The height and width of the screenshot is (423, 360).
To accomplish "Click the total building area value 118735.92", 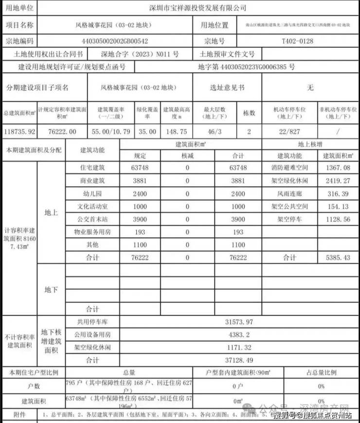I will (x=18, y=131).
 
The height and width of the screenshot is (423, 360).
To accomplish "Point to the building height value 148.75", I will (x=175, y=131).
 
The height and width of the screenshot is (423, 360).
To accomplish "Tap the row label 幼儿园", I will (x=92, y=193).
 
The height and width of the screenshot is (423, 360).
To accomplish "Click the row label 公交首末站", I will (x=92, y=219).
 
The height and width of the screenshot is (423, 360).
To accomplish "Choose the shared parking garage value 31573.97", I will (x=238, y=322).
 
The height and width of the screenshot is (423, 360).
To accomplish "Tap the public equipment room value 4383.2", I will (x=238, y=334).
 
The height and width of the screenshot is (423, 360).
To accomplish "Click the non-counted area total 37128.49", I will (x=238, y=360).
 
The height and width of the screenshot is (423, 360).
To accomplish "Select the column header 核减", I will (x=187, y=156).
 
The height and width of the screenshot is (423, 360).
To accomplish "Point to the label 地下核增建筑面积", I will (x=51, y=341).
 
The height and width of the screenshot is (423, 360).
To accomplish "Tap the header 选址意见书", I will (x=227, y=88).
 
